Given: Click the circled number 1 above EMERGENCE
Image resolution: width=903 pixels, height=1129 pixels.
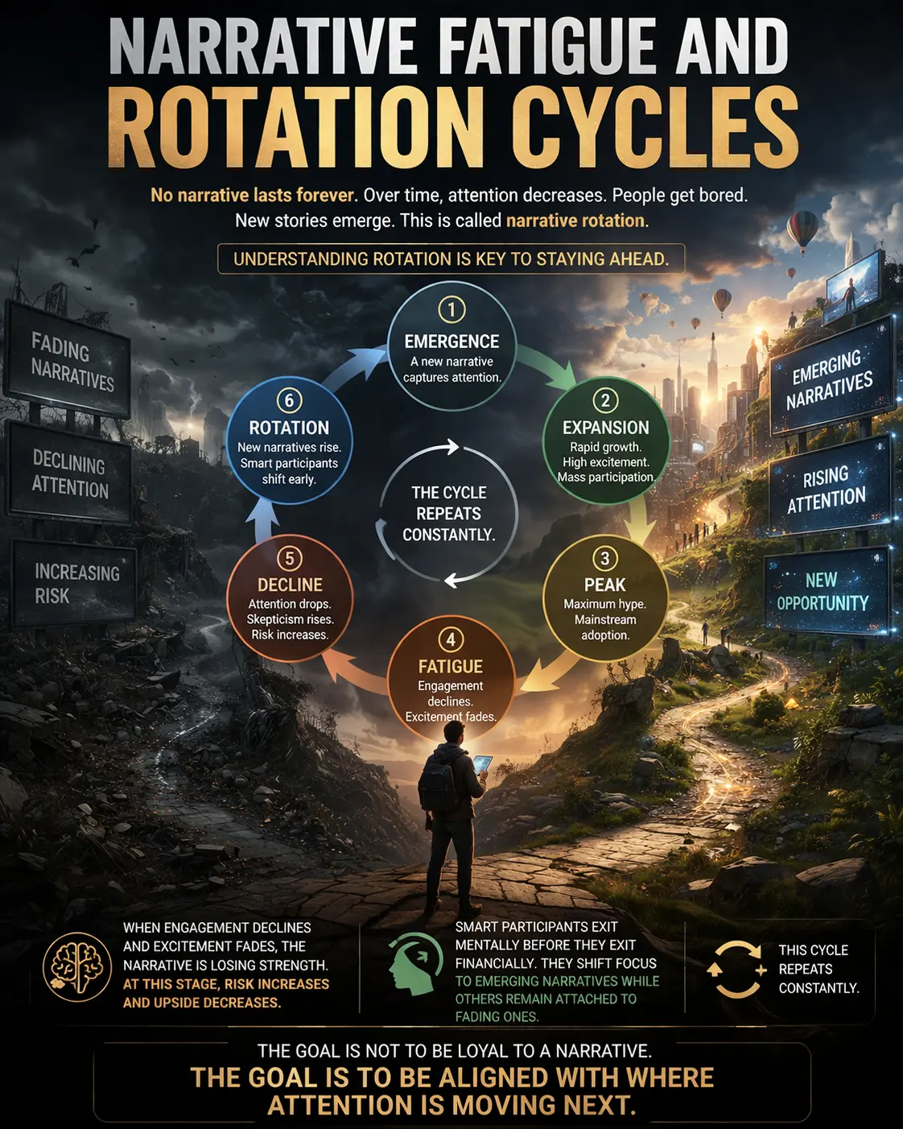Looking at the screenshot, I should click(451, 309).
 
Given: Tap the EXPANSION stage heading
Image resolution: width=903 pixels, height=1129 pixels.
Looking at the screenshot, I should click(605, 428).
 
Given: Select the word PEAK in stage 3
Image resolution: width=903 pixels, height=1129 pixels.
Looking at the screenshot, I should click(604, 585).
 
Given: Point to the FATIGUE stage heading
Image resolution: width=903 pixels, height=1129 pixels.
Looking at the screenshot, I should click(451, 667).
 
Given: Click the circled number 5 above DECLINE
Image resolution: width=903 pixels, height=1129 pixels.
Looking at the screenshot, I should click(290, 558).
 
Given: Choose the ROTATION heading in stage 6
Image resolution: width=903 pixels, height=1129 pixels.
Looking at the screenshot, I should click(289, 428).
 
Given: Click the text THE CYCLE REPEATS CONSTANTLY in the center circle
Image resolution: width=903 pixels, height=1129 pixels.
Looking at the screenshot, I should click(448, 514).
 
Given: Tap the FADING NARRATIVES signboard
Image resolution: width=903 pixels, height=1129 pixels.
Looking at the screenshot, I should click(71, 362).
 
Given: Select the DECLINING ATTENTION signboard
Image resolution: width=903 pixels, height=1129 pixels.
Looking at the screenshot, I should click(70, 475).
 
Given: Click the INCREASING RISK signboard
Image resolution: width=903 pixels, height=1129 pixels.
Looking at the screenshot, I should click(75, 584).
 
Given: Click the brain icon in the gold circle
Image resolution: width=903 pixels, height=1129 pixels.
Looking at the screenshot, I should click(77, 966).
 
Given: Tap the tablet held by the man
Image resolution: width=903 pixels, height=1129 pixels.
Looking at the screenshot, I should click(483, 763).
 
